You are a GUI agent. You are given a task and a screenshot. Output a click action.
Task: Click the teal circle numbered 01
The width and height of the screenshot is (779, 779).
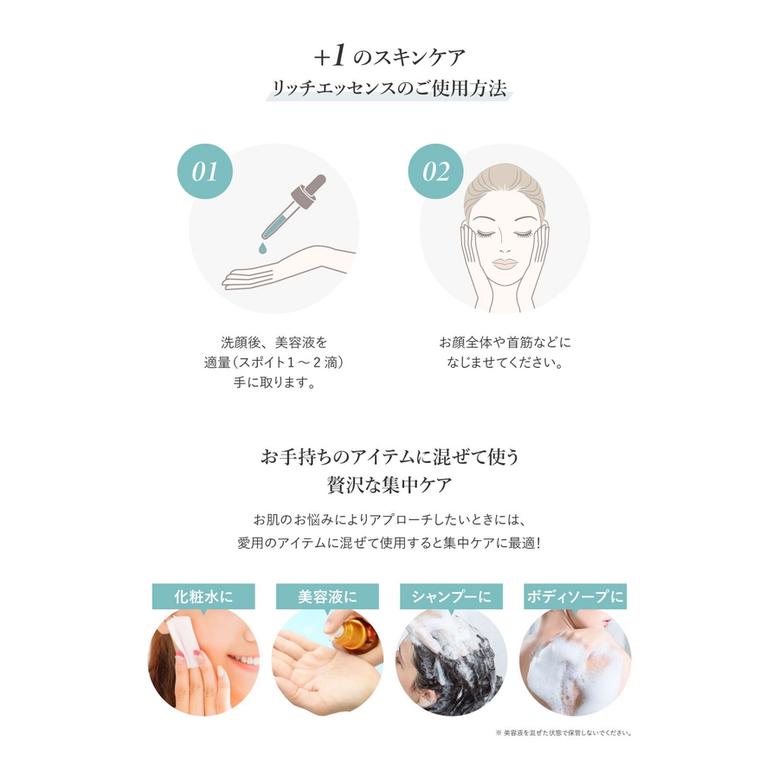[204, 171]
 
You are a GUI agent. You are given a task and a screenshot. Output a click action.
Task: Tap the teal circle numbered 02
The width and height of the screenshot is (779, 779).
[435, 171]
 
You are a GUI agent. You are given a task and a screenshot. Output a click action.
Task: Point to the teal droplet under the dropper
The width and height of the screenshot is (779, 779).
[262, 248]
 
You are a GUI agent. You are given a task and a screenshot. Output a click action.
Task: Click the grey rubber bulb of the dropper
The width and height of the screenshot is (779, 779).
[314, 185]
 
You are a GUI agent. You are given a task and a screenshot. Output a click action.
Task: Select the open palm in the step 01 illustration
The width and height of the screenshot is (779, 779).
[258, 274]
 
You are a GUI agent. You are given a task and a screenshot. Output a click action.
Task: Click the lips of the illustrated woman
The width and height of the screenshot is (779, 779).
[505, 263]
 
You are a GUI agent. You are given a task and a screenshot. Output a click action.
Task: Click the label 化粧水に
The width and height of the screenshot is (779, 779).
[203, 596]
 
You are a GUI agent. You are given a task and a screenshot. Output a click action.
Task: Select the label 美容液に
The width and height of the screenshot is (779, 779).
[327, 596]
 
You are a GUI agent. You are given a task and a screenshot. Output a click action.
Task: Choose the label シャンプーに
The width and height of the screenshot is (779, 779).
[451, 596]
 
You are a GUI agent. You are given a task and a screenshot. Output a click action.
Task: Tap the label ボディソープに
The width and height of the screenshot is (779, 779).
[576, 596]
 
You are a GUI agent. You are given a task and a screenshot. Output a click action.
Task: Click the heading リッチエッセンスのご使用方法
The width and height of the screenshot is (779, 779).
[389, 88]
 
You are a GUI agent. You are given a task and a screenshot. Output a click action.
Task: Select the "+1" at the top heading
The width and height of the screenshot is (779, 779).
[330, 55]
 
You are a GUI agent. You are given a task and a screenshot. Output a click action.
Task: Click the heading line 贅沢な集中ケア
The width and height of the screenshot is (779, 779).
[389, 485]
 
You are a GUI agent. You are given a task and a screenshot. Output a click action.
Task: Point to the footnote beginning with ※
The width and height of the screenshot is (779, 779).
[563, 733]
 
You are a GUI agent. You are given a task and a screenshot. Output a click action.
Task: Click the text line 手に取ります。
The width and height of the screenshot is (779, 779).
[274, 383]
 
